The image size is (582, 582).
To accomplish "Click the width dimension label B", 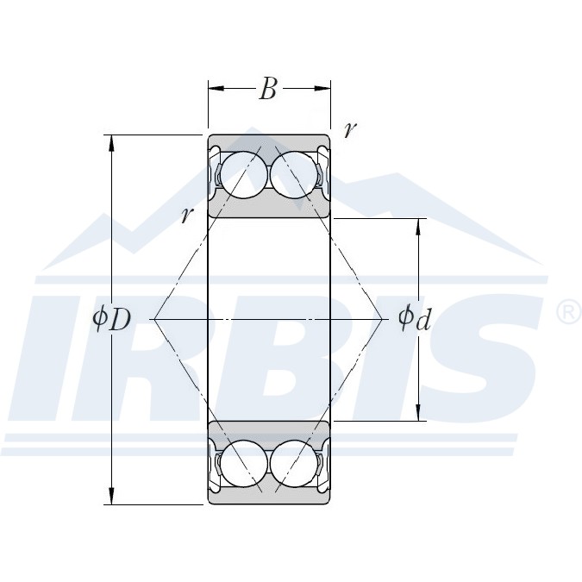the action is (268, 89).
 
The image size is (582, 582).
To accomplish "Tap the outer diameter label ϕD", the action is (112, 320).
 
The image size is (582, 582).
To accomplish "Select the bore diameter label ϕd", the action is (414, 318).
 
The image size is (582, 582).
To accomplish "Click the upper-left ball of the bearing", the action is (243, 175).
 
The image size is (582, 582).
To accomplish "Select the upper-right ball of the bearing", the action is (294, 175).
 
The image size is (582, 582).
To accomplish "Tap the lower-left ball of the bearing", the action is (243, 464).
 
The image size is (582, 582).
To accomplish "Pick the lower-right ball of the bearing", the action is (294, 464).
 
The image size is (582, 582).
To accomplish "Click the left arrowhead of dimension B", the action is (216, 88).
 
